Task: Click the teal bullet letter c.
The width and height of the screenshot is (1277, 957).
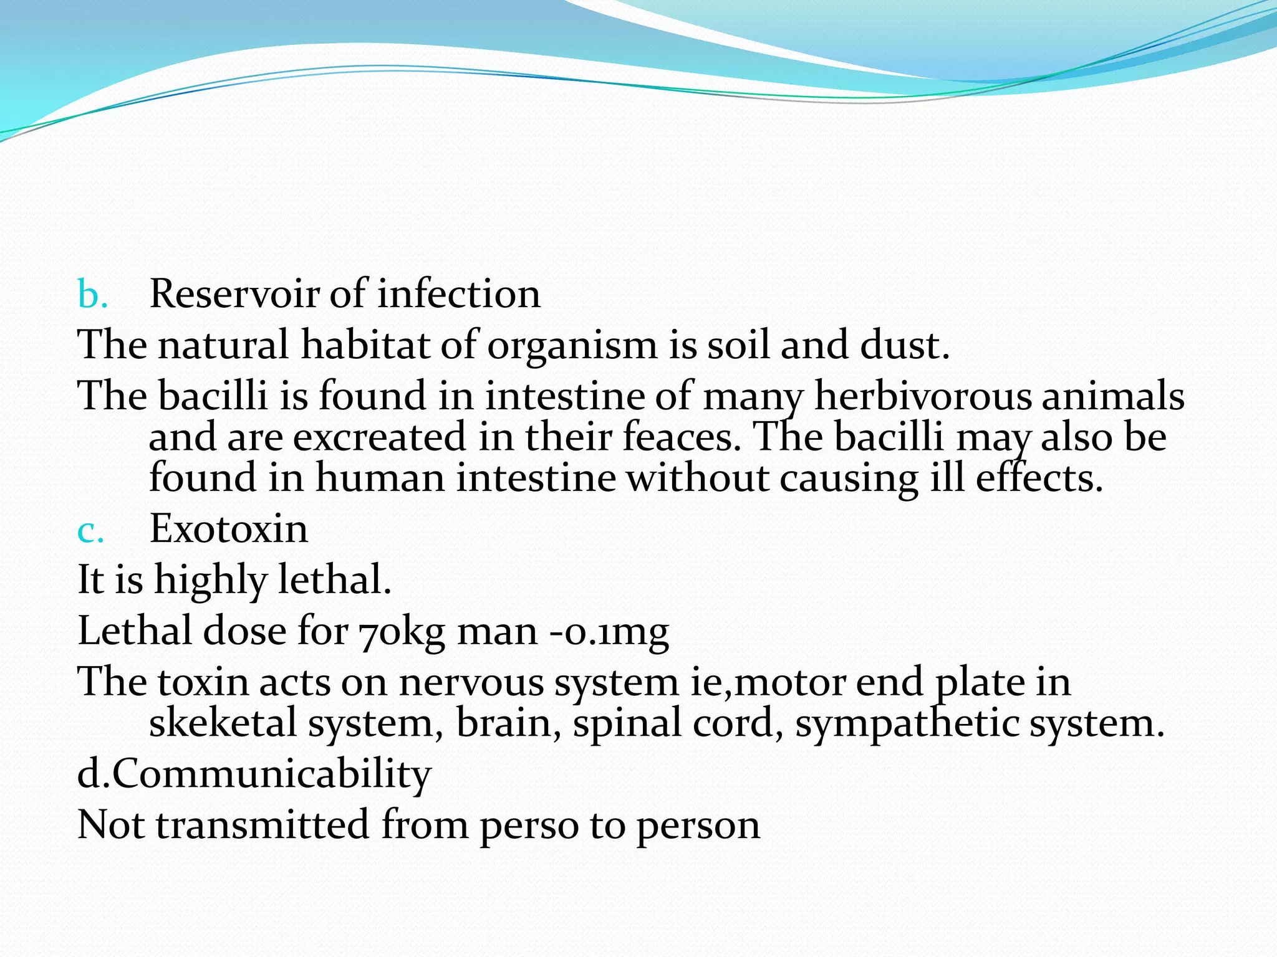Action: pos(90,531)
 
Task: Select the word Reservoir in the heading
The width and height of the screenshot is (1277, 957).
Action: pos(234,294)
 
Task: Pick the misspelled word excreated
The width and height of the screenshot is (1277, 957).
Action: pos(379,437)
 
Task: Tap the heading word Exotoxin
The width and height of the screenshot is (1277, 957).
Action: pos(229,530)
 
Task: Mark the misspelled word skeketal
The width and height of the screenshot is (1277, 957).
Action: pos(223,724)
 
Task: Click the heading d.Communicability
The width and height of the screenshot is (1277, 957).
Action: pos(254,774)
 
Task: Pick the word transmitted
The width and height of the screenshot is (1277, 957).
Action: pos(262,826)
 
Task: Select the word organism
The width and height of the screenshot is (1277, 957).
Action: pos(572,346)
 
